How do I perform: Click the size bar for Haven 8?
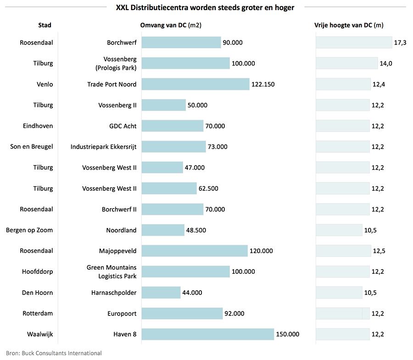pos(207,334)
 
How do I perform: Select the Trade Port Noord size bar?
pos(195,84)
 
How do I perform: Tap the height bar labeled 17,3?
pos(353,43)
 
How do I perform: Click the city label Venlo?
pos(45,84)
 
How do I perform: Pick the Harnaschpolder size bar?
pos(161,293)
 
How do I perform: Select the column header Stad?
pos(45,25)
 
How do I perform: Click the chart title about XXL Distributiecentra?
pos(205,7)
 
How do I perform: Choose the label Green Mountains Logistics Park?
pos(112,271)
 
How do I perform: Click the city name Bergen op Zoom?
pos(29,230)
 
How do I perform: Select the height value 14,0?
pos(386,63)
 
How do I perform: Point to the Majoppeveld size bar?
pos(195,251)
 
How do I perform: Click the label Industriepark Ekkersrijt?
pos(103,147)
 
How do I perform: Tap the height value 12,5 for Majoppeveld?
pos(379,251)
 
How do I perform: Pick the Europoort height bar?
pos(342,314)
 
